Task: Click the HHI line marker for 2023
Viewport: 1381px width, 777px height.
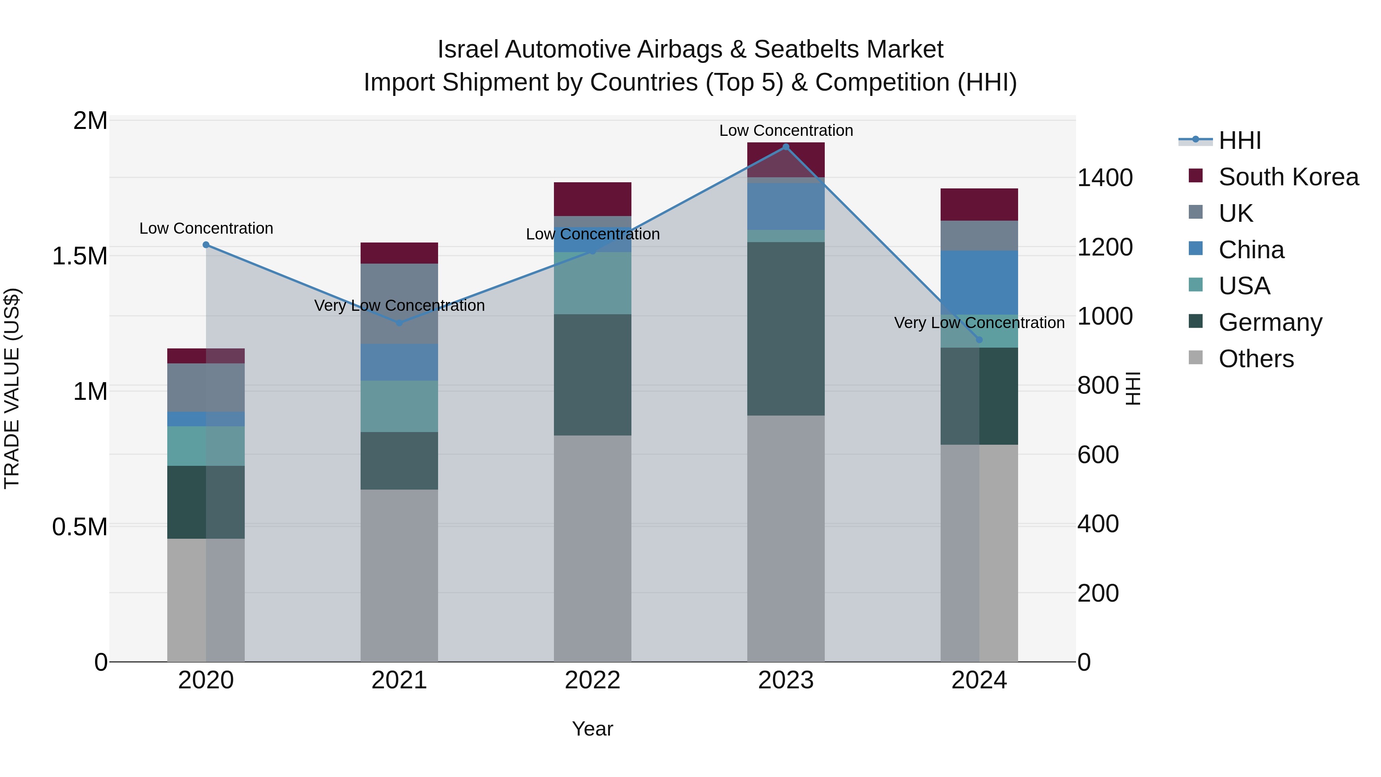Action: (786, 147)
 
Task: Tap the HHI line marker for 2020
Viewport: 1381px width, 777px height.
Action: (206, 245)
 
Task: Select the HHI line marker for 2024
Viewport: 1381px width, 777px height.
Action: (979, 340)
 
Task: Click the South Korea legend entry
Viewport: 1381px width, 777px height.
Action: (1288, 177)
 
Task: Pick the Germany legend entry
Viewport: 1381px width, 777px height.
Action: (1270, 322)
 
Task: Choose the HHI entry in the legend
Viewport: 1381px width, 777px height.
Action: (1239, 140)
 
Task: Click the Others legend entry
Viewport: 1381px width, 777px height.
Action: (1256, 359)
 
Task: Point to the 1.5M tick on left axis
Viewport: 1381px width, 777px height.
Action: (79, 256)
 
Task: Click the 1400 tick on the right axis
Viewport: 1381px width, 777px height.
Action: (1104, 178)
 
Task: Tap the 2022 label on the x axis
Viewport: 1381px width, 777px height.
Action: (592, 680)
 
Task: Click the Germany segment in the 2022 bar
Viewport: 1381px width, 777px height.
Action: (592, 375)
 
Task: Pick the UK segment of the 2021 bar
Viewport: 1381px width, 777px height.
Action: (399, 304)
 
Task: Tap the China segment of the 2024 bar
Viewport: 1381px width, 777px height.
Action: (979, 282)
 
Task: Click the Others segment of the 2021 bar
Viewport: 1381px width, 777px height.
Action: (399, 576)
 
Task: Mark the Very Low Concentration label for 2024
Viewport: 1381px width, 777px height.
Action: (979, 323)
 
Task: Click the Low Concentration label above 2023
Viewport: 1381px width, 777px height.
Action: (786, 131)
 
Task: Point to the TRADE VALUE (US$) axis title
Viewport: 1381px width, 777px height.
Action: (12, 388)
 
